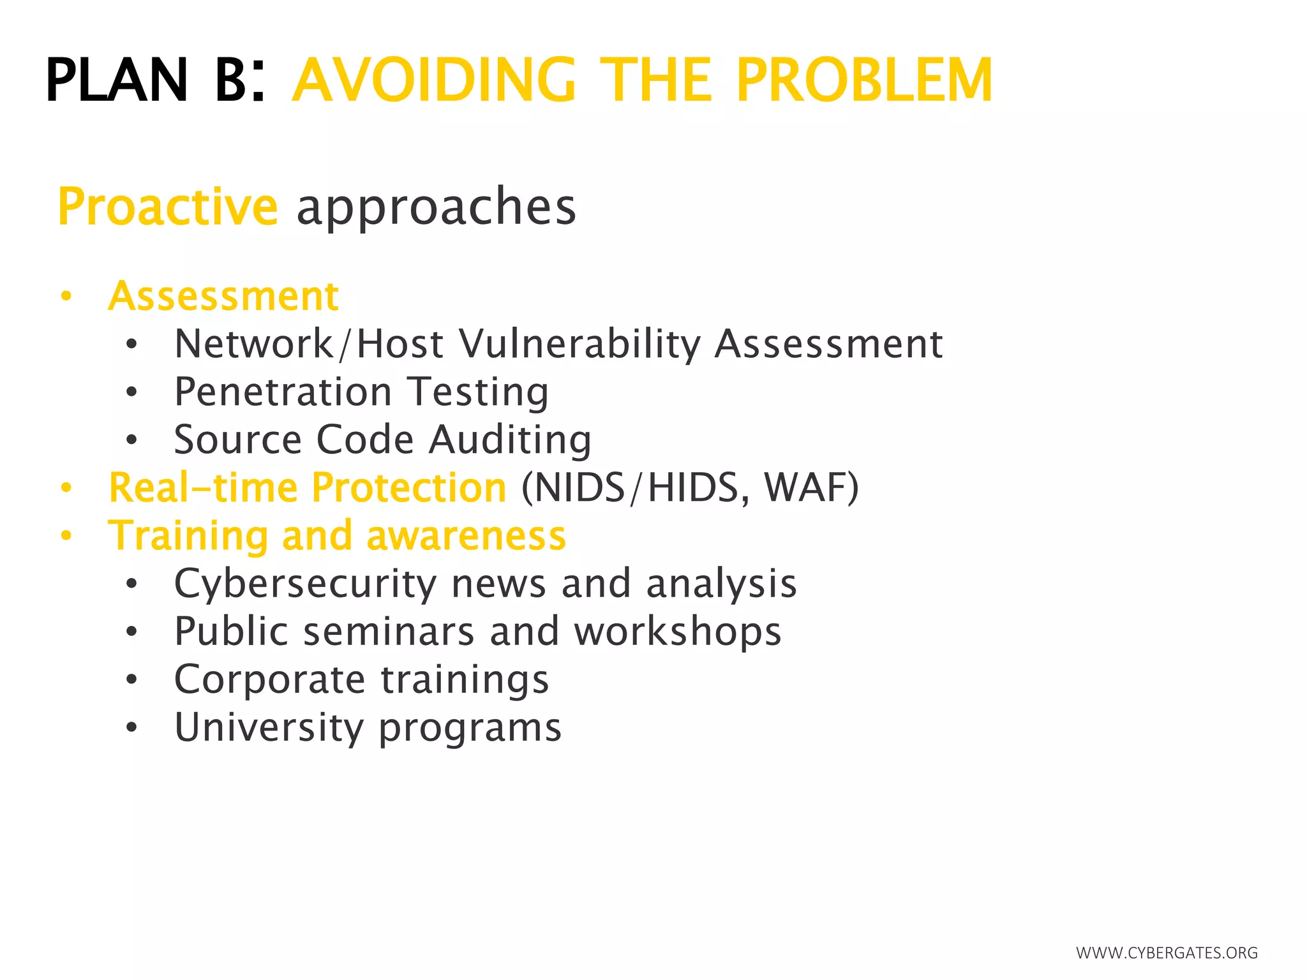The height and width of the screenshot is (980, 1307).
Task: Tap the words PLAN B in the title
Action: (147, 80)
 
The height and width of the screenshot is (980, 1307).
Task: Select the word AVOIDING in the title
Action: (434, 80)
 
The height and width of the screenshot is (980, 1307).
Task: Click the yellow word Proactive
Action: (168, 207)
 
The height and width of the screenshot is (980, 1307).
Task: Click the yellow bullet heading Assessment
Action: (223, 296)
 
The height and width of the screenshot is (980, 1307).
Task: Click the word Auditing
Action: (510, 440)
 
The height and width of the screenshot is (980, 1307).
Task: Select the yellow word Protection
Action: (409, 488)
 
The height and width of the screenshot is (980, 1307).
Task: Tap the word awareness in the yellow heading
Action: (466, 536)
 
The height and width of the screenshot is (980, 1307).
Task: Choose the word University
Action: (269, 727)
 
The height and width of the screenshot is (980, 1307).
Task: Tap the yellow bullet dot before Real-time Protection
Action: (66, 489)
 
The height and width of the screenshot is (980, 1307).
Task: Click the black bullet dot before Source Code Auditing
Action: (131, 440)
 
